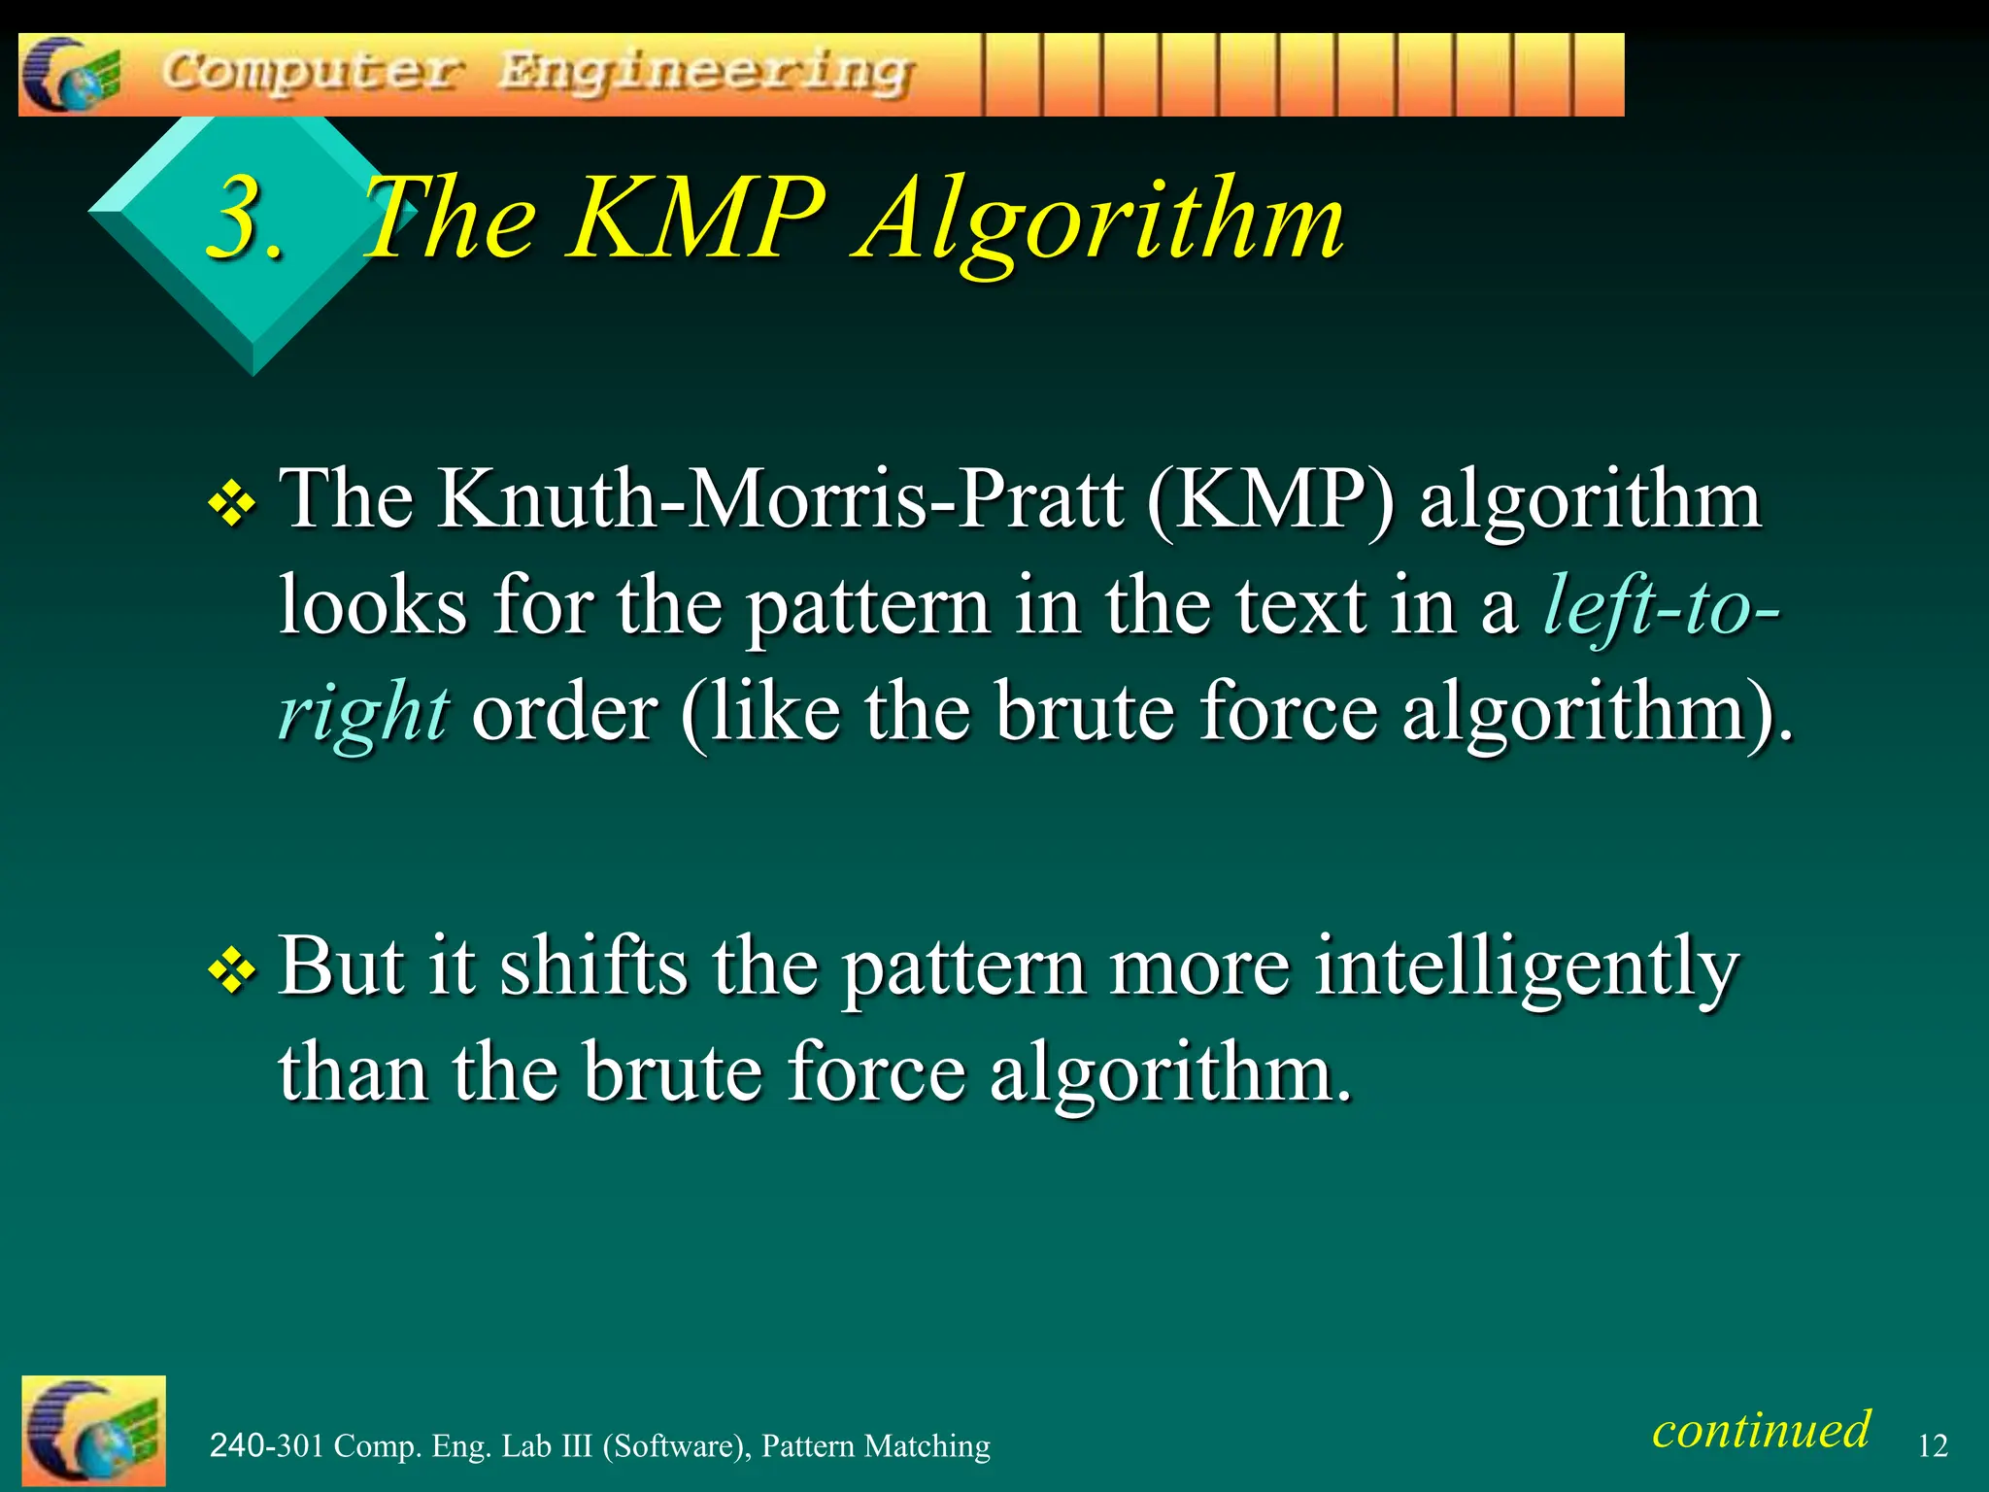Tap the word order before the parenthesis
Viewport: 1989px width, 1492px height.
point(565,712)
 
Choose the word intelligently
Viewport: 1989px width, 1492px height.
point(1526,968)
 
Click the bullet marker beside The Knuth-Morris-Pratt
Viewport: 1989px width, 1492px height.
point(232,504)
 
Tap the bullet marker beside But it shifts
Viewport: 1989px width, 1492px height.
point(232,971)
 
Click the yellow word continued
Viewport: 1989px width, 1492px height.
point(1761,1429)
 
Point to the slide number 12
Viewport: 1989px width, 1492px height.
point(1933,1445)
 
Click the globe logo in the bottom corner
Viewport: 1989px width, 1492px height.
point(93,1431)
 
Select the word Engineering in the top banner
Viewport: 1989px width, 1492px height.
point(706,74)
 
